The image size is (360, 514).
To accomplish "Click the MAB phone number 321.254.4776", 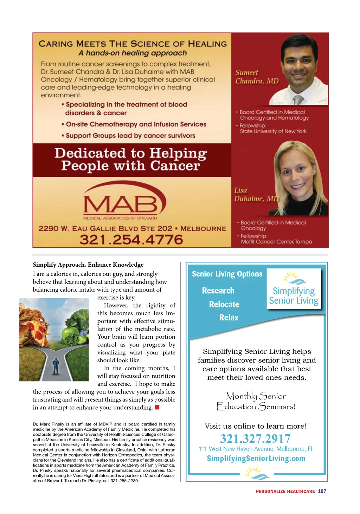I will (131, 240).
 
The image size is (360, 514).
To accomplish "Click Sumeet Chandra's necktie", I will (298, 100).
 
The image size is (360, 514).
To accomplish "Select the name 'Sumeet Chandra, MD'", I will (257, 77).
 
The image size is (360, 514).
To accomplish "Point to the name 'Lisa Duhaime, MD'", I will (256, 195).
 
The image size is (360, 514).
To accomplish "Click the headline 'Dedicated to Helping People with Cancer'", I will (131, 160).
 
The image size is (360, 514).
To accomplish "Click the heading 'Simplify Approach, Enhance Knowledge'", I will (88, 265).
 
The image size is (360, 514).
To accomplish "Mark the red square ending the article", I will (157, 407).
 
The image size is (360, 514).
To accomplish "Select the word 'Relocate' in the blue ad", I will (224, 304).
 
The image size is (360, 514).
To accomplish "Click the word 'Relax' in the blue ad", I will (229, 318).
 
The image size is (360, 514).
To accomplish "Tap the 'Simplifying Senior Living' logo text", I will (294, 296).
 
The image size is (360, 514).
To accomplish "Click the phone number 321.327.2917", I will (255, 438).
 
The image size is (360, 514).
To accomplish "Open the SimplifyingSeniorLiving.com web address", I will (256, 458).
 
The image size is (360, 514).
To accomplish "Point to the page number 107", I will (322, 491).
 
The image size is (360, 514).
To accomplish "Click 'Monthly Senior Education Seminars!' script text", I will (256, 401).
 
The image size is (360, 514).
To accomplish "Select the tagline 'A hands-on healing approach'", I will (133, 53).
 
